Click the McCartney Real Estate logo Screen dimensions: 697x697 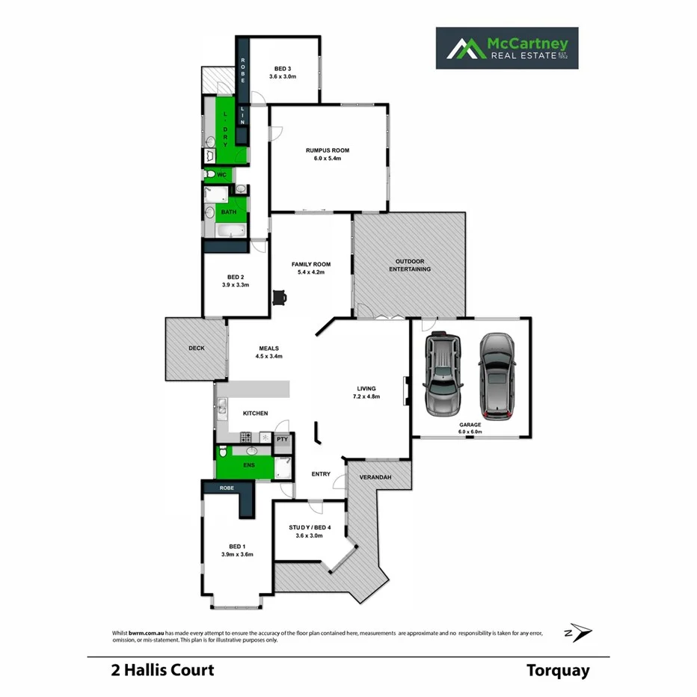pos(506,49)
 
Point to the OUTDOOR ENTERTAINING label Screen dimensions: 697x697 pos(409,265)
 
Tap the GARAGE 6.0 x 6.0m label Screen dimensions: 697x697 pos(470,428)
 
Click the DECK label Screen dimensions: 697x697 pos(196,348)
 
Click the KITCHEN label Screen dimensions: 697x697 pos(255,414)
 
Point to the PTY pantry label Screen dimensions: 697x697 pos(282,440)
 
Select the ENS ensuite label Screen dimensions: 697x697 pos(248,465)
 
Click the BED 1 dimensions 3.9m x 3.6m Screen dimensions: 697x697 pos(238,554)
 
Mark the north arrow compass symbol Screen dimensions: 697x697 pos(580,633)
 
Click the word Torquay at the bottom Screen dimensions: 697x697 pos(557,670)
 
